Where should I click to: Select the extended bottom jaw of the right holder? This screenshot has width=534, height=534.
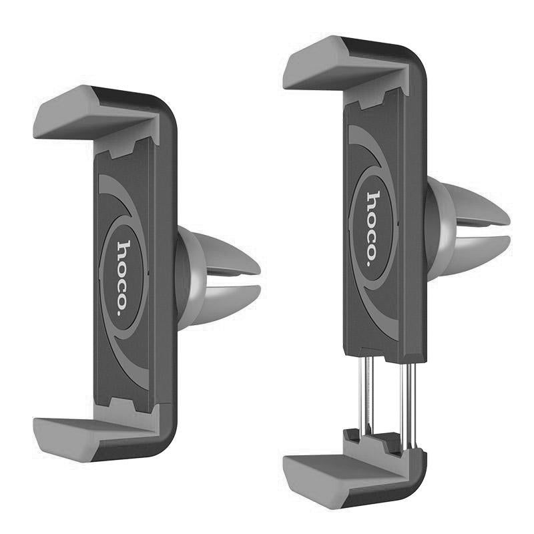(351, 477)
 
